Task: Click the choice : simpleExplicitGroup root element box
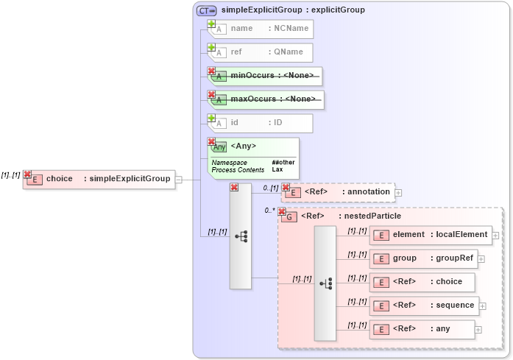click(x=99, y=179)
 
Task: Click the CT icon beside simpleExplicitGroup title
click(x=207, y=10)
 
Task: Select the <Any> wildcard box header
click(x=254, y=146)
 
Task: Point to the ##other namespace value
click(x=283, y=162)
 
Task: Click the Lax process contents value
click(x=277, y=170)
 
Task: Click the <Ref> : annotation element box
click(x=339, y=192)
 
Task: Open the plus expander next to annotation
click(x=399, y=193)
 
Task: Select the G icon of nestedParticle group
click(x=290, y=217)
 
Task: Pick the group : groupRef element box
click(x=424, y=258)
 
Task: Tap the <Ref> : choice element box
click(x=422, y=282)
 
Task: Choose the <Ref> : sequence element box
click(x=424, y=306)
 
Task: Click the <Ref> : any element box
click(x=422, y=329)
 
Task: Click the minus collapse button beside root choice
click(x=179, y=179)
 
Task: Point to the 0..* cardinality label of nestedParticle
click(x=270, y=211)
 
